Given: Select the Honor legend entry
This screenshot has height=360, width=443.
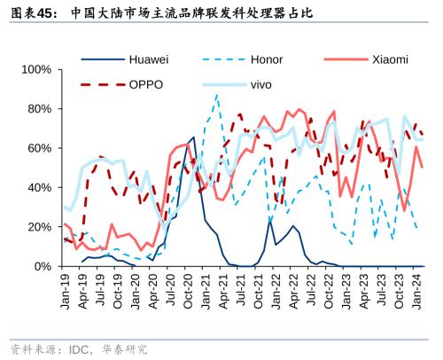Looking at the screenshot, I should tap(266, 60).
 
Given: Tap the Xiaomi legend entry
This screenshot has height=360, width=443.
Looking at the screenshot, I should tap(387, 60).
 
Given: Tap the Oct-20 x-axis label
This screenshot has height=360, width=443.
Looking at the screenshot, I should tap(190, 289).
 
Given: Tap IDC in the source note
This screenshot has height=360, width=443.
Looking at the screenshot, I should tap(78, 348).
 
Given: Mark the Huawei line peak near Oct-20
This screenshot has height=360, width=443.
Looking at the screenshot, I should tap(193, 137).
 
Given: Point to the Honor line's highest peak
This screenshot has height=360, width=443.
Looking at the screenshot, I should tap(216, 94).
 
